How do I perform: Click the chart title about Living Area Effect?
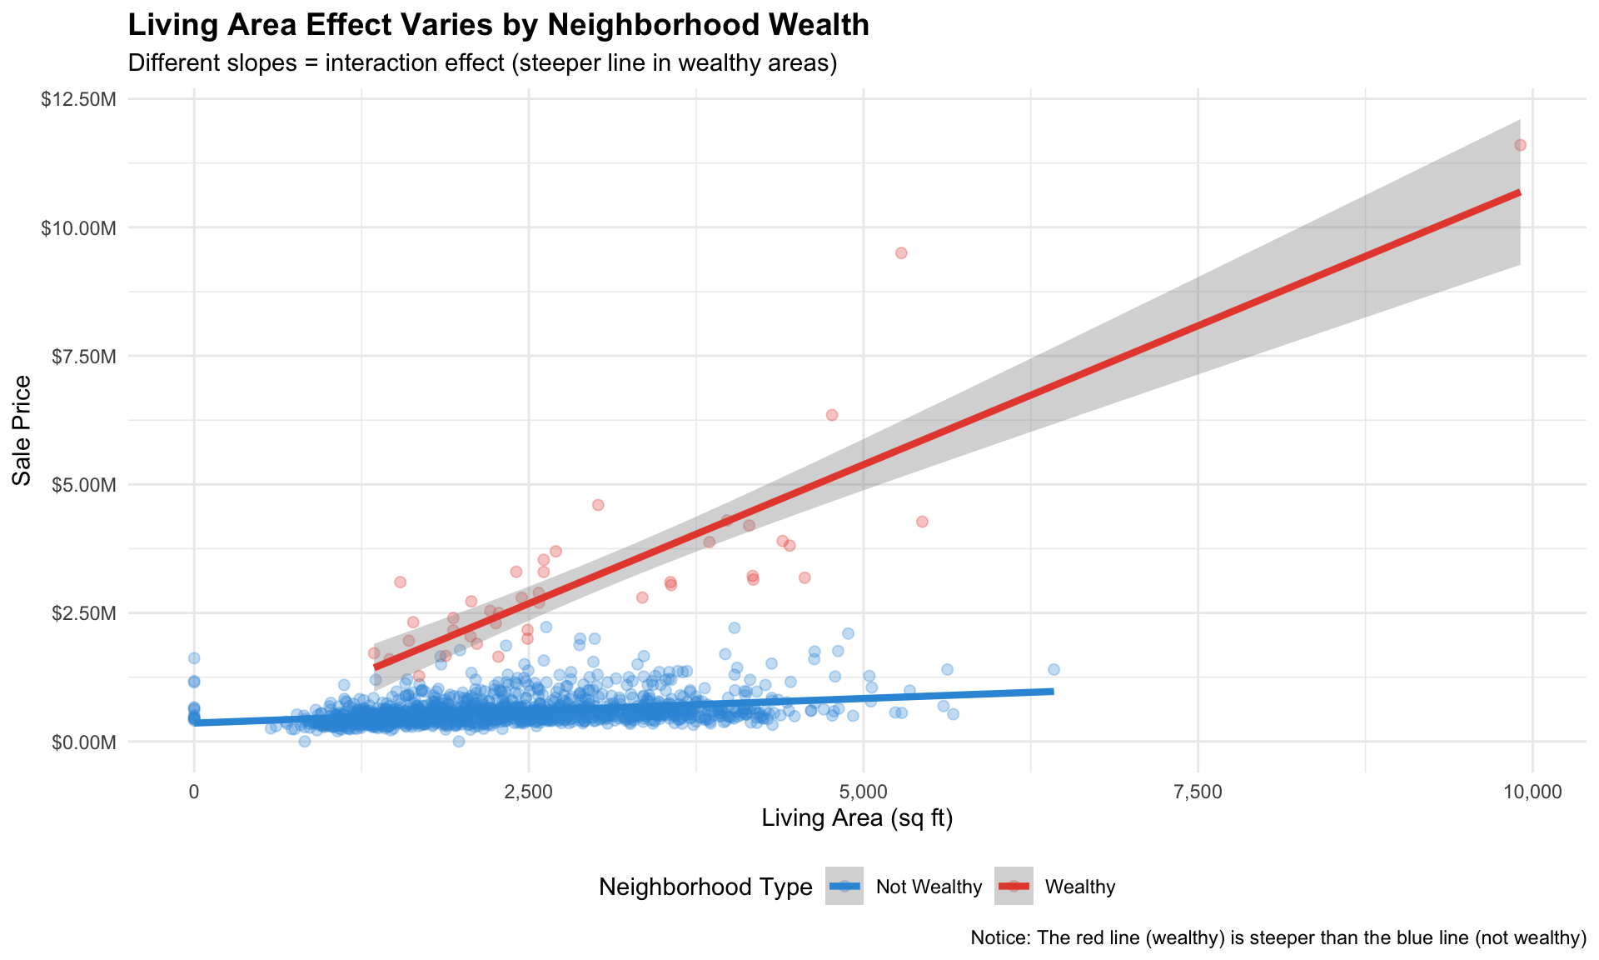[x=498, y=25]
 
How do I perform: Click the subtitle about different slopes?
[x=482, y=63]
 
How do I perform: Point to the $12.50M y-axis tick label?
[x=78, y=99]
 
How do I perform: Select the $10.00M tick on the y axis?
[x=78, y=227]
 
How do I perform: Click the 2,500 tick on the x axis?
[x=529, y=792]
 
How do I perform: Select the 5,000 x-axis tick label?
[x=864, y=792]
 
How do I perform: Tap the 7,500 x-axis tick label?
[x=1198, y=792]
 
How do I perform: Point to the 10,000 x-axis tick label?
[x=1532, y=792]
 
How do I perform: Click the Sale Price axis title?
[x=22, y=430]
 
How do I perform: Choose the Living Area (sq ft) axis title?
[x=857, y=819]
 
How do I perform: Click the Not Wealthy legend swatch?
[x=844, y=886]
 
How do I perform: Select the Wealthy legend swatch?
[x=1014, y=886]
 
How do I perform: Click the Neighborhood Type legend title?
[x=705, y=887]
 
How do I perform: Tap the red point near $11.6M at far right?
[x=1520, y=145]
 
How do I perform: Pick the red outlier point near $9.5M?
[x=901, y=252]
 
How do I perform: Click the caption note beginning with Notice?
[x=1278, y=938]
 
